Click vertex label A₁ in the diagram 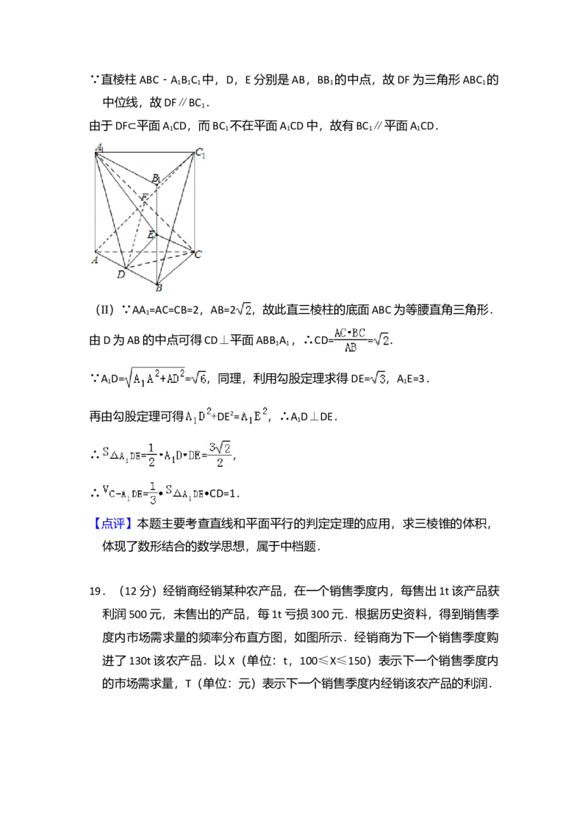click(100, 148)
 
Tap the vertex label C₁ click(200, 154)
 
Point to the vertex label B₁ click(156, 179)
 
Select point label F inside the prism click(145, 197)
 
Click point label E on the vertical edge click(150, 234)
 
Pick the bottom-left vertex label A click(95, 259)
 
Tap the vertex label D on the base click(121, 275)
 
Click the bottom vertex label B click(158, 288)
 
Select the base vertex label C click(198, 254)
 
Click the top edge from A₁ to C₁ click(147, 152)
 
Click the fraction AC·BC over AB click(350, 340)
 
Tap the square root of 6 click(199, 379)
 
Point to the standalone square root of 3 click(378, 379)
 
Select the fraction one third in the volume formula click(153, 492)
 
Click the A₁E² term click(254, 417)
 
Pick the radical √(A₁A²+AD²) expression click(155, 379)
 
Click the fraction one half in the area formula click(151, 456)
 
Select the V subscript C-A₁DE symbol click(122, 492)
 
